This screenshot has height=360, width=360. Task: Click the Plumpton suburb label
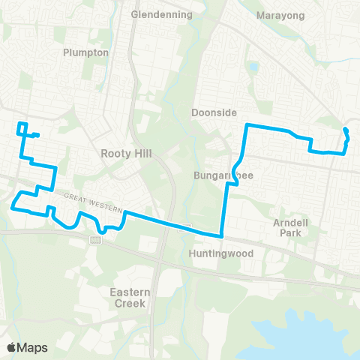(x=86, y=52)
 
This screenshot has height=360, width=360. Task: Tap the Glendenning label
(x=161, y=14)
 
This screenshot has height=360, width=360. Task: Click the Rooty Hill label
(x=125, y=153)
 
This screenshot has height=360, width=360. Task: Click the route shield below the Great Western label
(x=95, y=239)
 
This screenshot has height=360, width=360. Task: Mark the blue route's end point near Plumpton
(x=37, y=135)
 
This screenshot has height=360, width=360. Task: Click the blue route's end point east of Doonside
(x=345, y=130)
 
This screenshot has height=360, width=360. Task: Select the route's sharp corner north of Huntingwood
(x=223, y=235)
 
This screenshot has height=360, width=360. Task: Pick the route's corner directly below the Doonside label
(x=247, y=124)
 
